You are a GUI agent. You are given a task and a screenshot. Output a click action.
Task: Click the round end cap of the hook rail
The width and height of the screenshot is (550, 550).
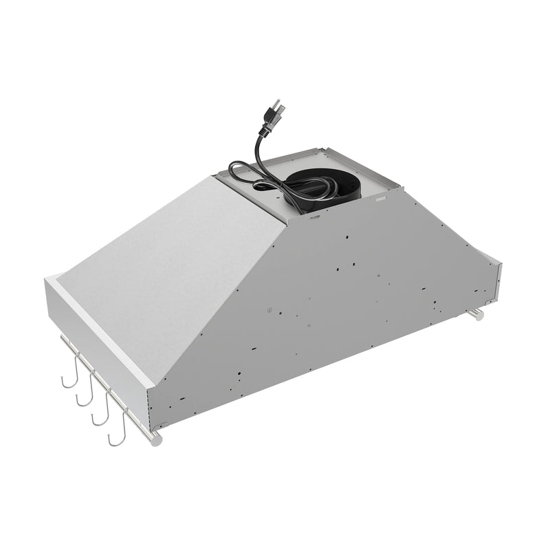point(157,439)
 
